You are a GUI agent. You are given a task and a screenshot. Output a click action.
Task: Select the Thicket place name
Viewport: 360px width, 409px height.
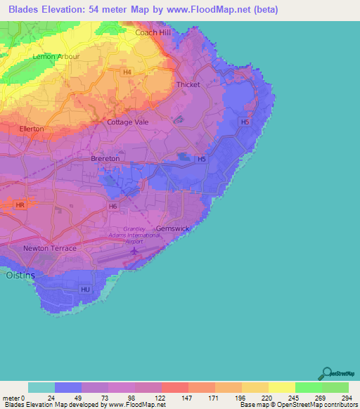[188, 84]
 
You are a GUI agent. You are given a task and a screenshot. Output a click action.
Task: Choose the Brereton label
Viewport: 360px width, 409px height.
[105, 159]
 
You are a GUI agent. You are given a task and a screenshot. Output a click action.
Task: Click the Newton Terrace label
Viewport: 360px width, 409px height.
[49, 249]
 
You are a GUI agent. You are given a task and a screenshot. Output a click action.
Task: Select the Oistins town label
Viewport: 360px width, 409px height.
[20, 275]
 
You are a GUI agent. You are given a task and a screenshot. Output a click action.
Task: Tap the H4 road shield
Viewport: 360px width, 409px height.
[127, 72]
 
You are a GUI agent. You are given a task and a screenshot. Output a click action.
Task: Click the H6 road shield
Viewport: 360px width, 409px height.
[112, 206]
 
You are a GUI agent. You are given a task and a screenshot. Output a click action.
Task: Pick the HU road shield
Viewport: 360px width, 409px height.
[86, 289]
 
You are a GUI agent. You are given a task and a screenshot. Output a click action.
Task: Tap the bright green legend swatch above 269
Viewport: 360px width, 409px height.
[309, 387]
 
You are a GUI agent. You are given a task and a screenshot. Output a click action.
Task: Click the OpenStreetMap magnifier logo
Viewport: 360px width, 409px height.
[326, 374]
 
